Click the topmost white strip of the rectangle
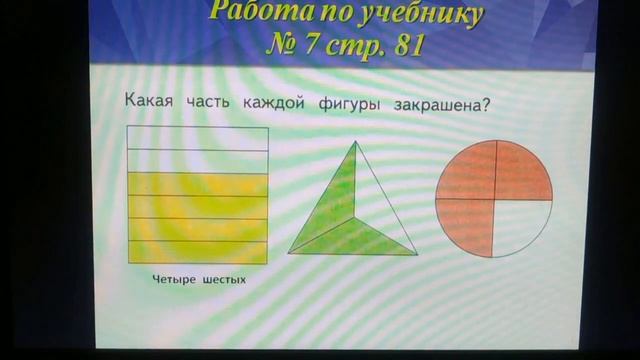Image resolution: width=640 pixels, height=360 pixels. coord(198,138)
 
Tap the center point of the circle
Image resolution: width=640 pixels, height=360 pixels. coord(494,199)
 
